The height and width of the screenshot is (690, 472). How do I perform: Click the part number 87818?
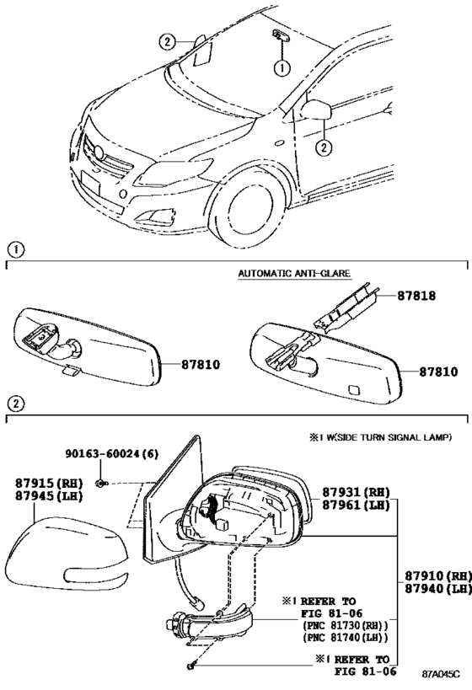coord(416,296)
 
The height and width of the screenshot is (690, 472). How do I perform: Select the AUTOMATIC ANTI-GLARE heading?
coord(294,273)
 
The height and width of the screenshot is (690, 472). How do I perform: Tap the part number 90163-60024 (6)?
coord(112,454)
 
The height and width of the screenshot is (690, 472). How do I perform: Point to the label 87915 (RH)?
coord(49,484)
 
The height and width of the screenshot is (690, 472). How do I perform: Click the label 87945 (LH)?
coord(49,496)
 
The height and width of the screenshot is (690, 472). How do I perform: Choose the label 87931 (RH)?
coord(356,492)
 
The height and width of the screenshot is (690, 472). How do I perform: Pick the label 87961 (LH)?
coord(356,505)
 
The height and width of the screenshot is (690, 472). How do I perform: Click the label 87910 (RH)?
coord(438,575)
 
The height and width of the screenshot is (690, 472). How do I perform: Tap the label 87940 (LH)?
coord(438,589)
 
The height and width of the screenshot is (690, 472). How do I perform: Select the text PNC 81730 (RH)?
coord(346,625)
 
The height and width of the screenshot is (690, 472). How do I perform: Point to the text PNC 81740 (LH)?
coord(346,637)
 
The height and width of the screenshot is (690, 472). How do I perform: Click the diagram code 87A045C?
coord(441,674)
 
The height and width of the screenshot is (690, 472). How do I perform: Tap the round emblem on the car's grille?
coord(99,152)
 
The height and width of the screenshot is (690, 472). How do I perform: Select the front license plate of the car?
coord(91,184)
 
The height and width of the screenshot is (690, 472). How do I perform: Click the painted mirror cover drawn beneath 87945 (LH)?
coord(66,554)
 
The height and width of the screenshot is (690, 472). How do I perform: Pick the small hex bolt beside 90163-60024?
coord(101,484)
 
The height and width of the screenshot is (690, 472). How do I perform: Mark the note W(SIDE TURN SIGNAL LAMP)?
coord(386,437)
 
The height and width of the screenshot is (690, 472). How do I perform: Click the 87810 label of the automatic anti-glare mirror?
coord(438,372)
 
